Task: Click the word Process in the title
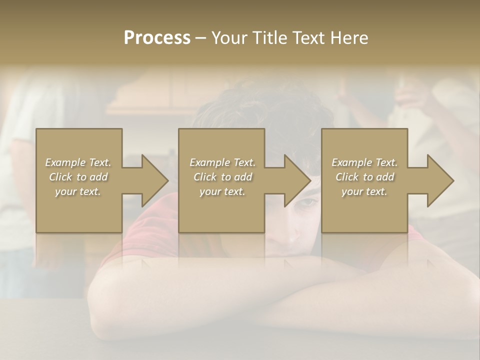157,38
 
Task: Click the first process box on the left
79,180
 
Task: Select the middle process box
221,180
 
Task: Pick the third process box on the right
364,180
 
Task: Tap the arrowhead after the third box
440,180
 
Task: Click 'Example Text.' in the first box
78,162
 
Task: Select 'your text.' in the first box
78,191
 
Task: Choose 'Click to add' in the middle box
222,177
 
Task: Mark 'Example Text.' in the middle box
222,162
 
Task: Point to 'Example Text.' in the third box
364,162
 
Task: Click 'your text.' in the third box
364,191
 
